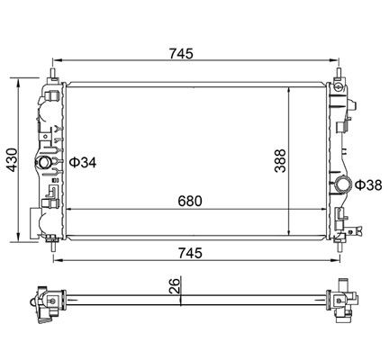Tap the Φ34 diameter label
click(x=84, y=163)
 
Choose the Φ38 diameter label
click(x=370, y=185)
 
